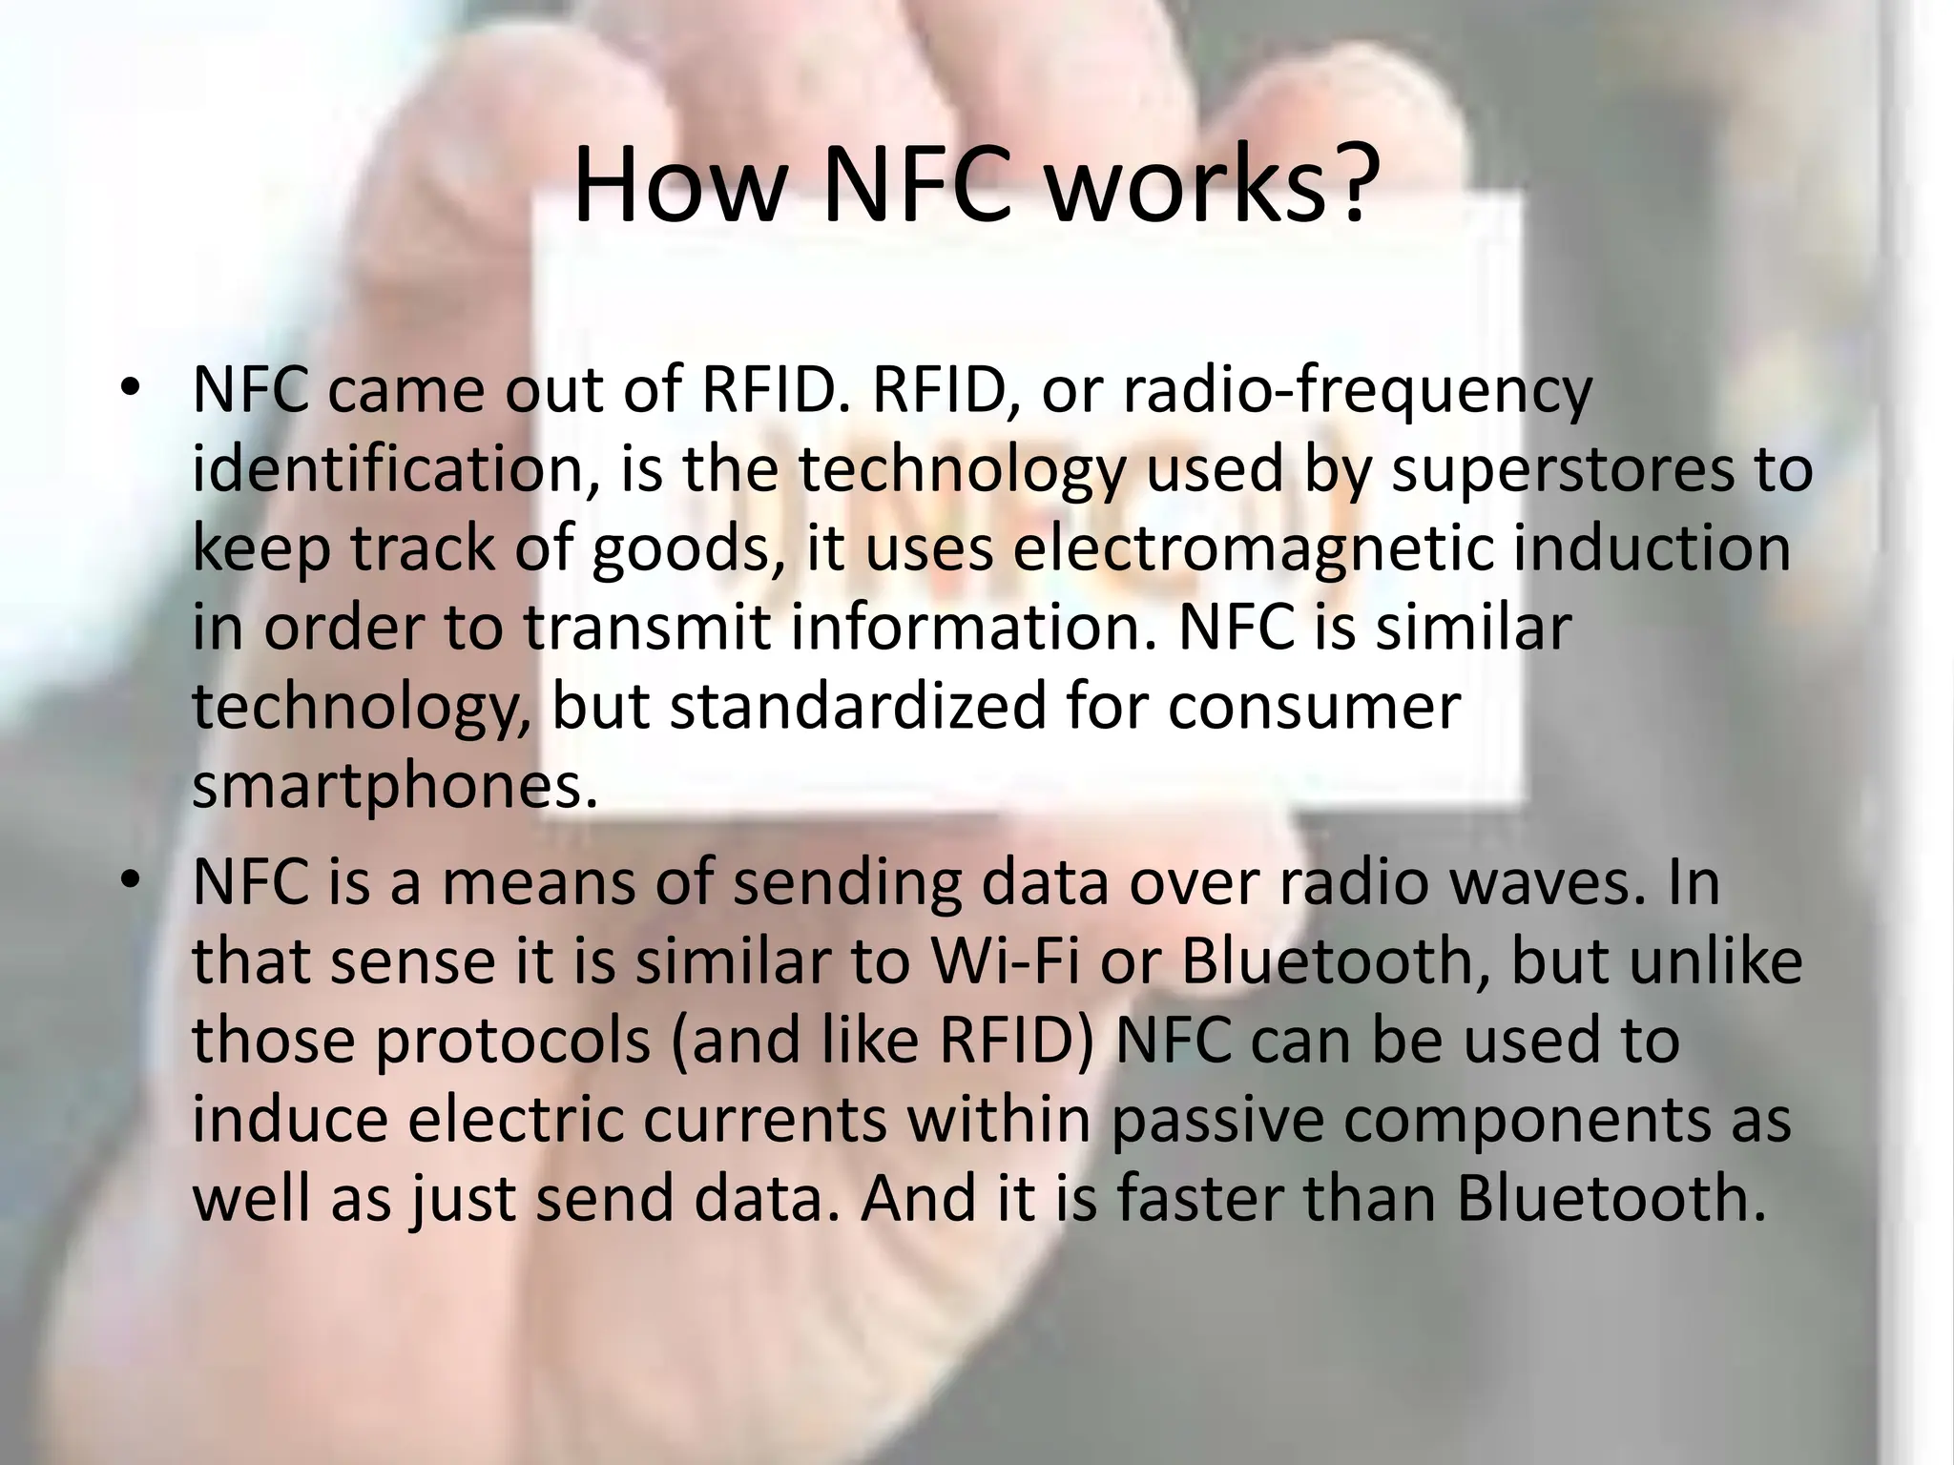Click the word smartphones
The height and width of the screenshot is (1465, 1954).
click(393, 787)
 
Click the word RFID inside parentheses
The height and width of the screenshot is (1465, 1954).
click(1011, 1041)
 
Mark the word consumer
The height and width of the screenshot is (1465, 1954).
click(1314, 707)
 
